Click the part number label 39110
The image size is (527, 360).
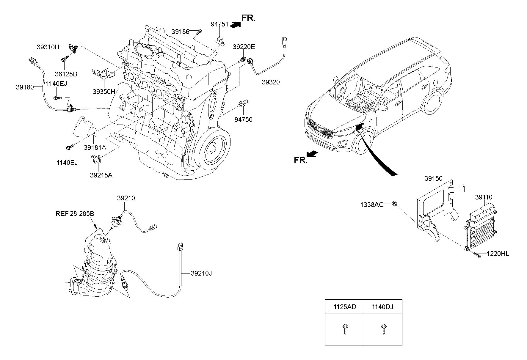pos(484,197)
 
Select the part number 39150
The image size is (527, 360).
pos(433,179)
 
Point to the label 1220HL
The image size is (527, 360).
pos(498,254)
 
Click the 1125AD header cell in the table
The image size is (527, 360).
pos(344,307)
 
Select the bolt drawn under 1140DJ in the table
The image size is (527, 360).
pos(383,329)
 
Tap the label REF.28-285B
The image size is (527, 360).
pos(75,213)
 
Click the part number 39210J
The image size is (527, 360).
pos(201,273)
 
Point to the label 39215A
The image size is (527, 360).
pos(101,175)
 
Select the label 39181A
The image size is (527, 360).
pos(95,147)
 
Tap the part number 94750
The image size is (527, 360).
pos(243,120)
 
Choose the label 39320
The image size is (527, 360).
pos(271,82)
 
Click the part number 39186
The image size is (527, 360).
pos(180,31)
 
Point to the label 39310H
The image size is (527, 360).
pos(48,47)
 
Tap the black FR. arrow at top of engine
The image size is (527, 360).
pos(235,25)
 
